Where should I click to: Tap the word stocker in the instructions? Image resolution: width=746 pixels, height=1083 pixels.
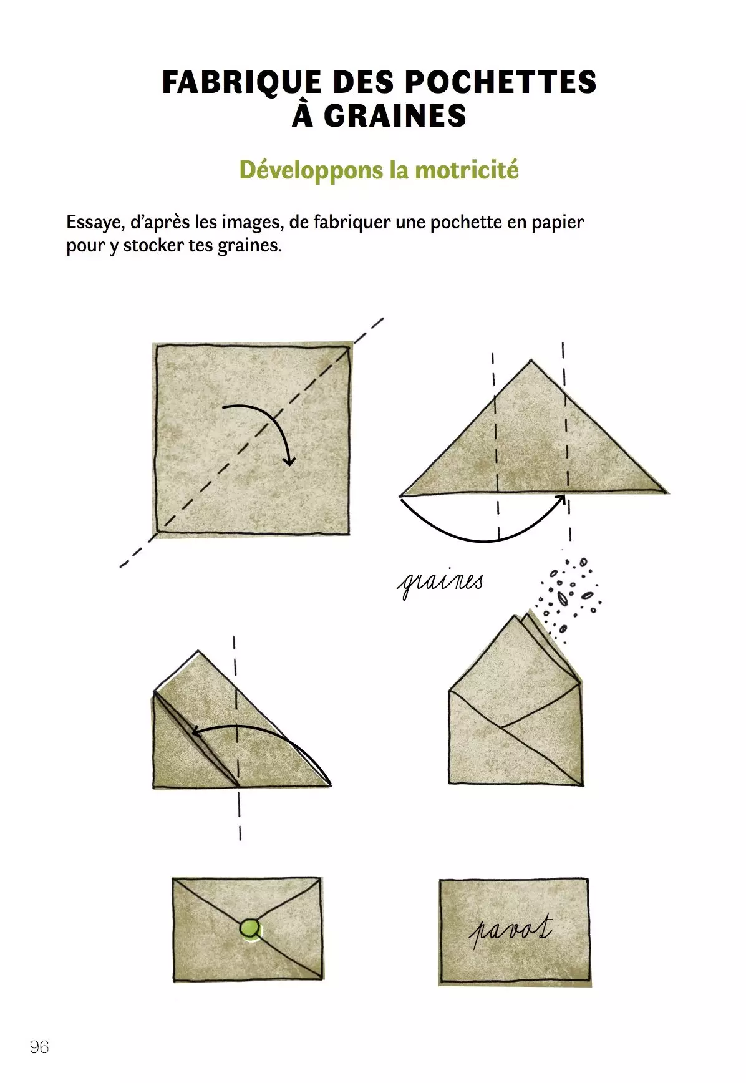155,245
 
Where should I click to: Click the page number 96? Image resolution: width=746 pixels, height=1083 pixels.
39,1047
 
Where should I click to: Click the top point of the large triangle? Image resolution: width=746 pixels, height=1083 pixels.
531,360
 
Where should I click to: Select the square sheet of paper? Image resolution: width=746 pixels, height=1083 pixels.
252,438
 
